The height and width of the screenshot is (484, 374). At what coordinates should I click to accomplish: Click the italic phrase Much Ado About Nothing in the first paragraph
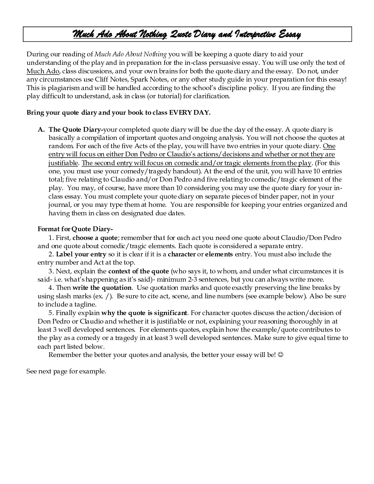pos(131,54)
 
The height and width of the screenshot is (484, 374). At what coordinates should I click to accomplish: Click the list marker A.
pos(41,130)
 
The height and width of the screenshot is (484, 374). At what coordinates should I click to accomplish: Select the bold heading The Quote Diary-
pos(76,130)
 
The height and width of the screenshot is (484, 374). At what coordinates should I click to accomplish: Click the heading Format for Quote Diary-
pos(75,229)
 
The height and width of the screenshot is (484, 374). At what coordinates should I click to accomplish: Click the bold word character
pos(182,254)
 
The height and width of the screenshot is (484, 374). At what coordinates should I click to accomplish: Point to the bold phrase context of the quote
pos(138,271)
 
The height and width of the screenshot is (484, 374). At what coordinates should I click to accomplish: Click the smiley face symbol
pos(280,355)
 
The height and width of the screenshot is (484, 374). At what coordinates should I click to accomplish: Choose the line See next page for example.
pos(66,371)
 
